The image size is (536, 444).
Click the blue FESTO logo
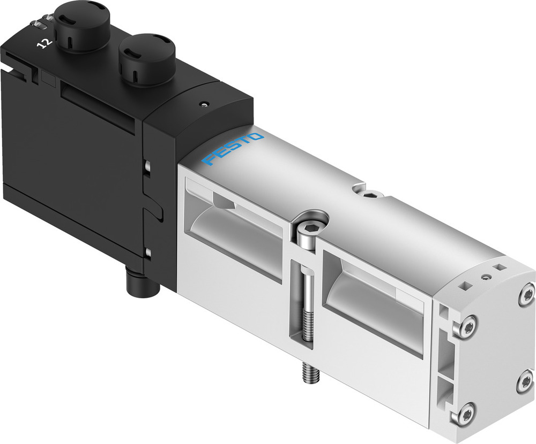(x=235, y=148)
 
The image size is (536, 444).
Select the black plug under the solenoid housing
(x=142, y=283)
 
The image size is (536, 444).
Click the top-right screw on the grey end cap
(x=526, y=295)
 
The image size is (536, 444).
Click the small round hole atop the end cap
(x=486, y=277)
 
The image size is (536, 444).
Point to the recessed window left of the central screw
(x=236, y=230)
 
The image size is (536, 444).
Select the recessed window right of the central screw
(x=375, y=300)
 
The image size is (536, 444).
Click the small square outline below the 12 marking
(x=48, y=80)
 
